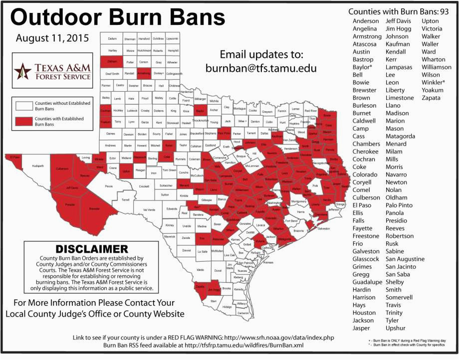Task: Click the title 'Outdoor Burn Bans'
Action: tap(118, 17)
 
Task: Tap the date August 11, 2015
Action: tap(52, 38)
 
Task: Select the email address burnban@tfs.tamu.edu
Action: tap(262, 67)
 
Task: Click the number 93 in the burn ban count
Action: tap(443, 11)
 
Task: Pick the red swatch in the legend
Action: tap(23, 121)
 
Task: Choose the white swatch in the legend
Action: tap(23, 105)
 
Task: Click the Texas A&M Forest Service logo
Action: tap(53, 71)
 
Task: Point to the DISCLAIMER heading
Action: tap(88, 248)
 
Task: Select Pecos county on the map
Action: tap(109, 186)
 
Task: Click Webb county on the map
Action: tap(200, 270)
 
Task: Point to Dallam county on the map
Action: tap(112, 38)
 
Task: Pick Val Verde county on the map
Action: tap(149, 209)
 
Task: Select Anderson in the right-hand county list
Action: tap(366, 21)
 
